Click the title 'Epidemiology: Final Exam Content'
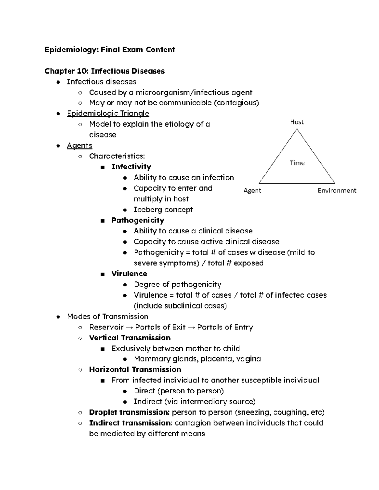click(110, 50)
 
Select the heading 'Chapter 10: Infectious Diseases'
click(105, 71)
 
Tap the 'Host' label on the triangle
click(297, 122)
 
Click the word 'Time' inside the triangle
click(297, 163)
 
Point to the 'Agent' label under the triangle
click(252, 191)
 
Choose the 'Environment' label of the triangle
click(337, 191)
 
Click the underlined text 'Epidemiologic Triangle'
click(108, 114)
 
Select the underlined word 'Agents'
click(79, 145)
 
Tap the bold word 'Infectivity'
click(131, 167)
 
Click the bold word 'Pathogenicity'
click(137, 220)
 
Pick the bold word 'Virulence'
click(129, 274)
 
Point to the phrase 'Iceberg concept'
click(163, 210)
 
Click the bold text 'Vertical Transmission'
click(129, 338)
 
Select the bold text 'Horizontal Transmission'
click(135, 369)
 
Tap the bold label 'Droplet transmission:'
click(129, 412)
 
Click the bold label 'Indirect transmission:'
click(131, 423)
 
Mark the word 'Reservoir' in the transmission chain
click(106, 327)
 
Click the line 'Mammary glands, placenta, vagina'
click(197, 359)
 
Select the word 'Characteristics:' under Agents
click(117, 156)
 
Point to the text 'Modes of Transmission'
click(107, 316)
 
